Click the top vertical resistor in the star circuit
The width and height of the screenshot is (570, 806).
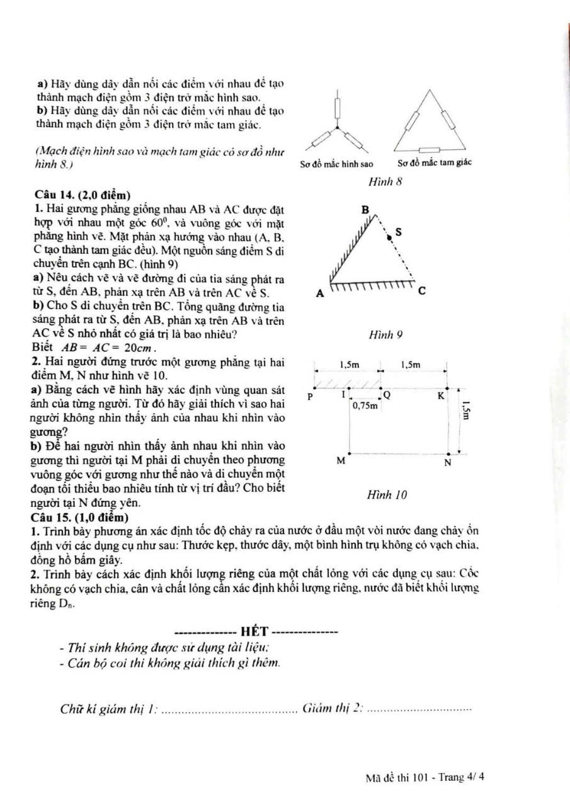[338, 109]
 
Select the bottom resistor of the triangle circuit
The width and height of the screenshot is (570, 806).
[431, 150]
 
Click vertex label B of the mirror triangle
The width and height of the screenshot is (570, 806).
[366, 209]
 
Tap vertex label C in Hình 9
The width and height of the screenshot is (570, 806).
[422, 292]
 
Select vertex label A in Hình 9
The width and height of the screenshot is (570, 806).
[319, 293]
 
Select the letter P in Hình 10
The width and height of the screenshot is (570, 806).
[309, 397]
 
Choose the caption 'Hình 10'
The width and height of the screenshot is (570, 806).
[387, 495]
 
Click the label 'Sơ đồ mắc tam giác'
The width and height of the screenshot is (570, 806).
[435, 164]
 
